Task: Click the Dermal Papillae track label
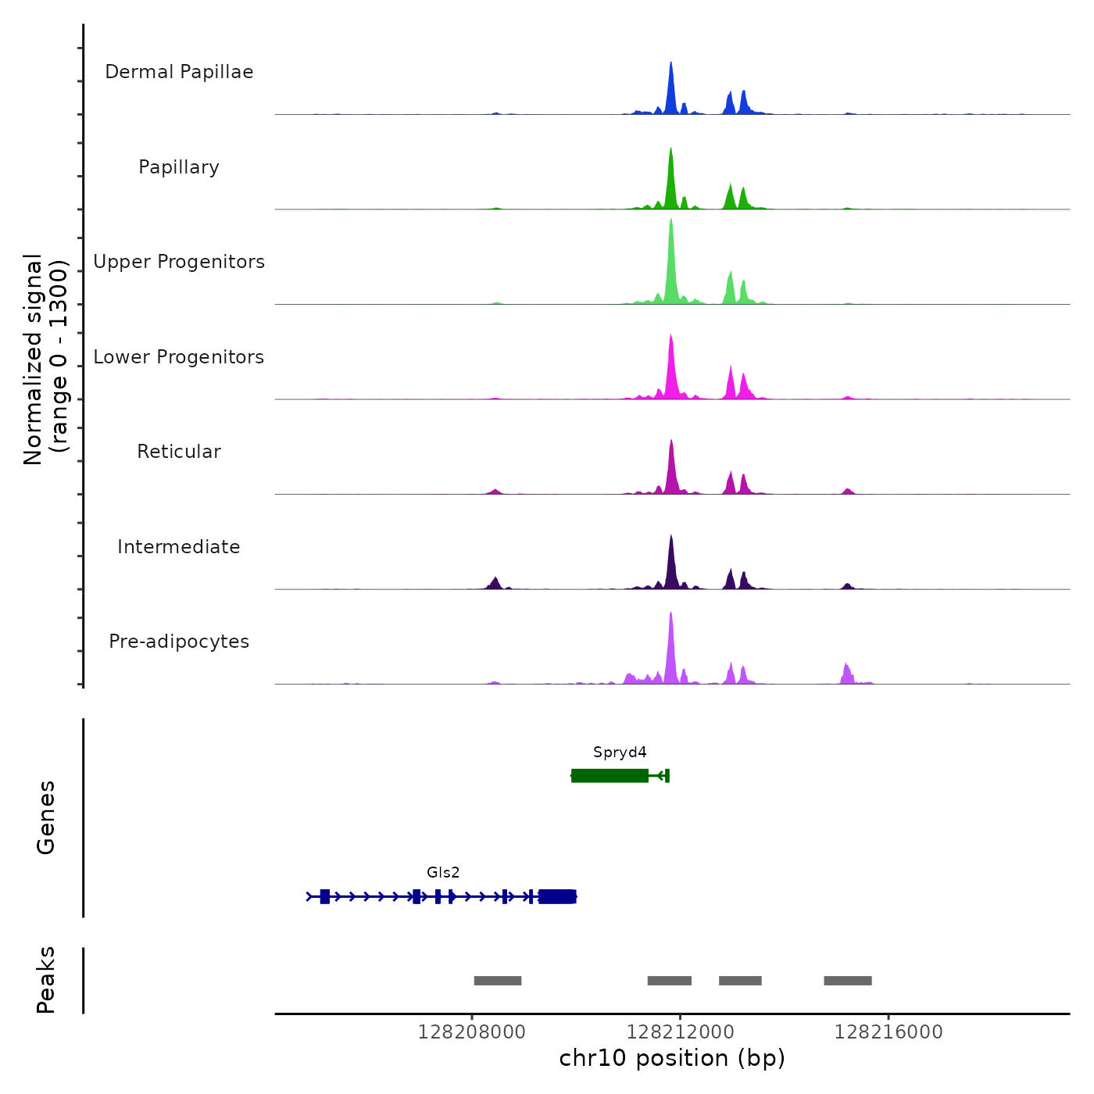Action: coord(179,72)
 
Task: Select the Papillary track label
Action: coord(179,167)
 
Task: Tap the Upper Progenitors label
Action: coord(179,262)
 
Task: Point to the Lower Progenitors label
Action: coord(179,357)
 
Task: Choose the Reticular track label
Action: coord(179,452)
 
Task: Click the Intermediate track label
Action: coord(179,547)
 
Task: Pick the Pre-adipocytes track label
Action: coord(179,642)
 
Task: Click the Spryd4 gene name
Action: coord(620,753)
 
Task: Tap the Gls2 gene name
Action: coord(443,873)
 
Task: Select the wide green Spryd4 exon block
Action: coord(610,775)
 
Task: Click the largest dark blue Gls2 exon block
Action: coord(557,896)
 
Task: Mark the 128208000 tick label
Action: coord(472,1032)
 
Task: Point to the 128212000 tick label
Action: coord(681,1032)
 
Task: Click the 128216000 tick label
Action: coord(888,1032)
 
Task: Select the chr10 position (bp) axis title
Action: coord(672,1058)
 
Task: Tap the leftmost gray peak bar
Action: coord(498,981)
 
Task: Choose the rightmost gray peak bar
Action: coord(848,981)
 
